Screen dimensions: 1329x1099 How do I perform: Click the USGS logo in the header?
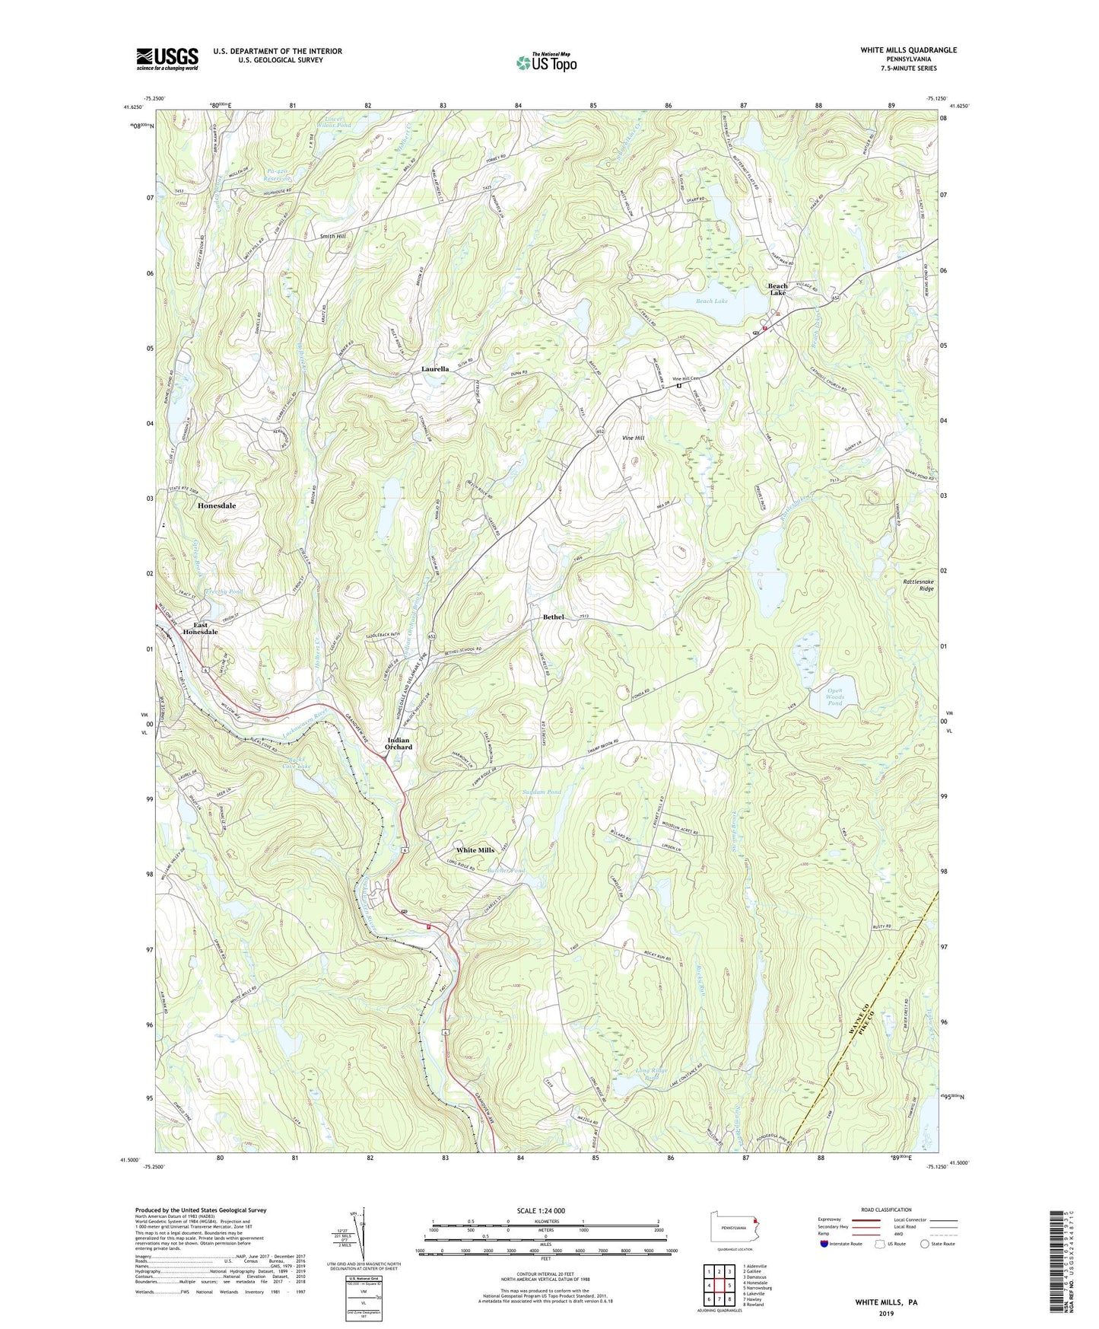[167, 58]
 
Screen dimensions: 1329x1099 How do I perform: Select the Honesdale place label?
[217, 505]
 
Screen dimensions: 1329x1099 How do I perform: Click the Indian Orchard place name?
[399, 744]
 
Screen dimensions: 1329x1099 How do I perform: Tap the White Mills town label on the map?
[475, 850]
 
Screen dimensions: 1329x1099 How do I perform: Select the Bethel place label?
[553, 617]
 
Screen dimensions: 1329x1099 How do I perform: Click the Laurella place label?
[438, 369]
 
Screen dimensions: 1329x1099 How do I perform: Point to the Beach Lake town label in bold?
[777, 289]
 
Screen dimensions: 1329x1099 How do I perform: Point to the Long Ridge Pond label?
[652, 1075]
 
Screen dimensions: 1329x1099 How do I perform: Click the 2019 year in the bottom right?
[886, 1314]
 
